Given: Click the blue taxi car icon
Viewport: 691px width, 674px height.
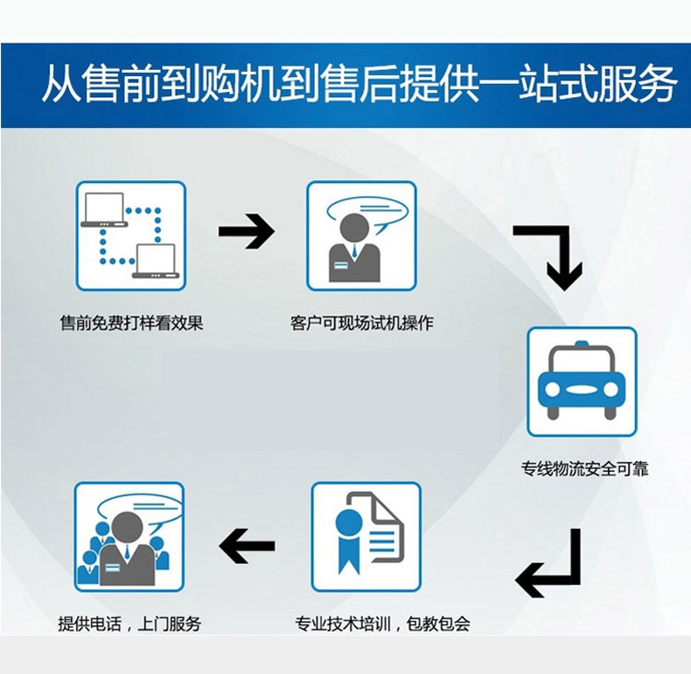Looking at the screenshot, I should tap(582, 383).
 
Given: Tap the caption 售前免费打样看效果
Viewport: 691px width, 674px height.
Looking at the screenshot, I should tap(131, 323).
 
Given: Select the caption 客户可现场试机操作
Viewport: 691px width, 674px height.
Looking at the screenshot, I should tap(361, 323).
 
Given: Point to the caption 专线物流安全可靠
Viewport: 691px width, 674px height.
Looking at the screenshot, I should tap(584, 469).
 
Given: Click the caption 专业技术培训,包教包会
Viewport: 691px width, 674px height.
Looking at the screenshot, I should tap(382, 624).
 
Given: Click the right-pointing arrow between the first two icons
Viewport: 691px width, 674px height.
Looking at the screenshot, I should tap(246, 232).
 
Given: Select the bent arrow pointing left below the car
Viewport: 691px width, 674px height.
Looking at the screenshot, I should tap(549, 565).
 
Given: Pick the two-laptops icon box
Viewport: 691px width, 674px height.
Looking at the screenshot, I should tap(130, 235).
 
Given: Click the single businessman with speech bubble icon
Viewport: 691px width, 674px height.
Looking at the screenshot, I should tap(361, 235).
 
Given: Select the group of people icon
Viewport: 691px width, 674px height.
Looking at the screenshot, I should tap(129, 536).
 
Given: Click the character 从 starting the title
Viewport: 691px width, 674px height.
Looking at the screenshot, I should tap(60, 86).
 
